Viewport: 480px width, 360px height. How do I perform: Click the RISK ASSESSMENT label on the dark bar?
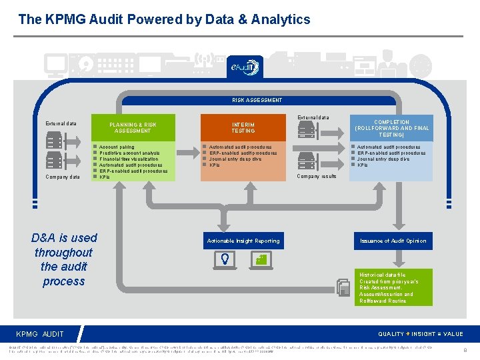(x=257, y=100)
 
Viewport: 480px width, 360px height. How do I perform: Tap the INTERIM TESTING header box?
(x=243, y=127)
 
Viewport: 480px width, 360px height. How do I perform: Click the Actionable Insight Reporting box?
(x=243, y=241)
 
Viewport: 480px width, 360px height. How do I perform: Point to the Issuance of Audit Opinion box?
(x=393, y=241)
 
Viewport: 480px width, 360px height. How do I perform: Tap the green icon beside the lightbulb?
(x=262, y=259)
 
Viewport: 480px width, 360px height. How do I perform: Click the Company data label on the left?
(x=62, y=177)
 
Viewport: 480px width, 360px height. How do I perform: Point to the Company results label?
(x=316, y=177)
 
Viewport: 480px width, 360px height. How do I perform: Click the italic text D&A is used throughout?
(x=64, y=259)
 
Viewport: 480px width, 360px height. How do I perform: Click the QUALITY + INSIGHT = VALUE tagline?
(x=420, y=334)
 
